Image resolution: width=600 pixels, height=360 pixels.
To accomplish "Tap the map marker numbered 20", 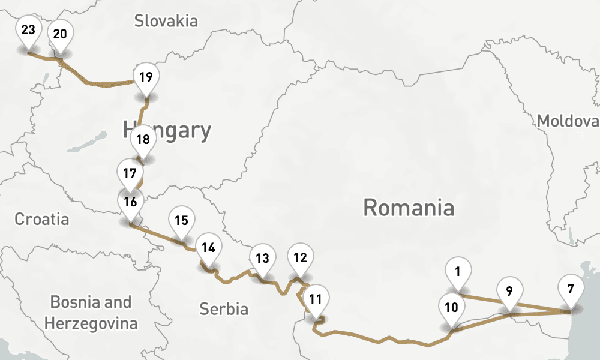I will tap(60, 34).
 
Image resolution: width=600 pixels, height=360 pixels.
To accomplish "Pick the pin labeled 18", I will tap(143, 140).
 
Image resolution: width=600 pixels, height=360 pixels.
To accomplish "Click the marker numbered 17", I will tap(130, 174).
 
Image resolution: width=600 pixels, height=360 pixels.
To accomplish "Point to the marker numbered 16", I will tap(131, 202).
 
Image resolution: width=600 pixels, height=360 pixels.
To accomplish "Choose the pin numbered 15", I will tap(182, 220).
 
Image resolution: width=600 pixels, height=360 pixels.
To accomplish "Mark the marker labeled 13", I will tap(262, 259).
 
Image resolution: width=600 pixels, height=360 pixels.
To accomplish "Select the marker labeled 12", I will tap(300, 258).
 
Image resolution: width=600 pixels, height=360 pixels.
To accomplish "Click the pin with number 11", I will tap(316, 298).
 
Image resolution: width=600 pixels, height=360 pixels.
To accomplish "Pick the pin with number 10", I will tap(452, 308).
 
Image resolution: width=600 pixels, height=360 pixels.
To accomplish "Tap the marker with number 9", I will tap(509, 293).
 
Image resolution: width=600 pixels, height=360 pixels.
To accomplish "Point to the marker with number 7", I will tap(570, 289).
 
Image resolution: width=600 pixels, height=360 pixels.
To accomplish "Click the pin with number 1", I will tap(458, 272).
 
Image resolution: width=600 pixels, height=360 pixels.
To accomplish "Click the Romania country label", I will tap(409, 208).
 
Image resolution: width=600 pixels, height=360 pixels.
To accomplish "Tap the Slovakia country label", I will tap(166, 22).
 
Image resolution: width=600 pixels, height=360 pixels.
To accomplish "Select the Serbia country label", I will tap(224, 309).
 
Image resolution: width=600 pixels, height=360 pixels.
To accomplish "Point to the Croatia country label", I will tap(42, 219).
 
